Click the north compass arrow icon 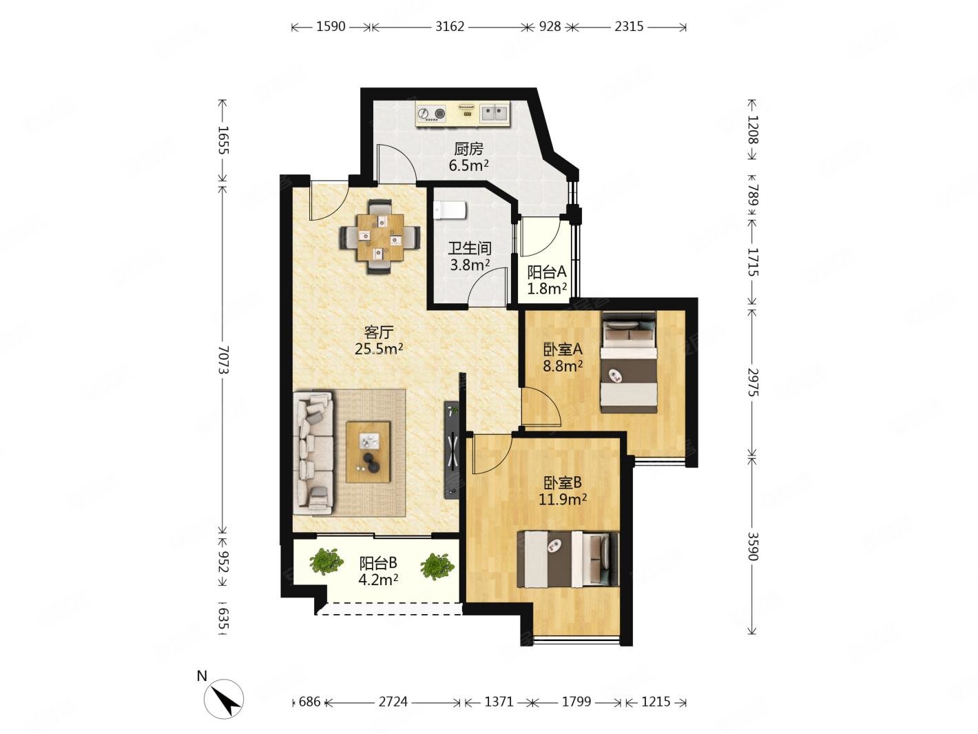223,698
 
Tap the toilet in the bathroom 450,210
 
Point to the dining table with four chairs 379,236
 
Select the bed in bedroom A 628,362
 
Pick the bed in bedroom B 568,558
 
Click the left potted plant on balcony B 326,561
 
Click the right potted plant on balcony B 437,567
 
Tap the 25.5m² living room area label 379,349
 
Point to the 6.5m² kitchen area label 468,166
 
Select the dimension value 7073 223,360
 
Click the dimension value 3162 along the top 449,27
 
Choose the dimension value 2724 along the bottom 393,702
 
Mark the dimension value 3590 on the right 752,546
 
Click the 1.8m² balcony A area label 547,289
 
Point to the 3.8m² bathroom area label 470,265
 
